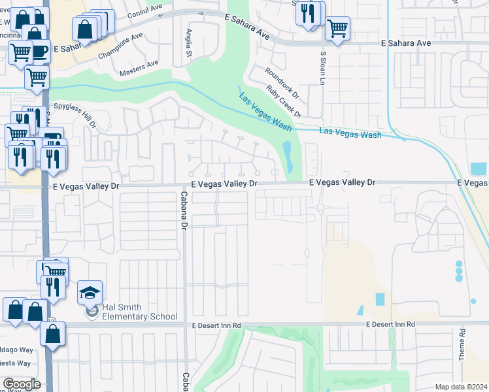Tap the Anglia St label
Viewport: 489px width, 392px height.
click(190, 42)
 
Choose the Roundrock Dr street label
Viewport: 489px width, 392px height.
click(282, 81)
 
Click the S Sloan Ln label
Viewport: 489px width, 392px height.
click(322, 69)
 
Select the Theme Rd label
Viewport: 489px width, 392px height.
click(462, 345)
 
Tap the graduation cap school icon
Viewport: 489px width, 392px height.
click(90, 293)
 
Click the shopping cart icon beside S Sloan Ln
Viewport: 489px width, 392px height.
click(337, 27)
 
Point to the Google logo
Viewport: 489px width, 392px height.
click(22, 384)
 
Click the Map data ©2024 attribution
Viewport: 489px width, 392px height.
click(461, 387)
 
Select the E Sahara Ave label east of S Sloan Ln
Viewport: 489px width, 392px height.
click(406, 43)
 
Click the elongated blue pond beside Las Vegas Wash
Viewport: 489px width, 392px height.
click(286, 157)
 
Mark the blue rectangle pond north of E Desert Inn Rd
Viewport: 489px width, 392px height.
click(380, 299)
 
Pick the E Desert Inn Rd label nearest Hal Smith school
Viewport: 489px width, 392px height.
click(216, 325)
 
